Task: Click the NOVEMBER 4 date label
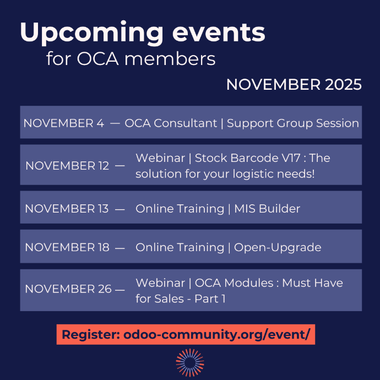point(63,123)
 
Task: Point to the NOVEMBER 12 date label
point(67,166)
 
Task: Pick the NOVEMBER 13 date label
point(67,209)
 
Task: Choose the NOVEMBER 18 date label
point(67,247)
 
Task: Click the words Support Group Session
point(293,123)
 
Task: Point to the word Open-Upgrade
point(278,247)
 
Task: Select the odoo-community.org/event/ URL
point(217,335)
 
